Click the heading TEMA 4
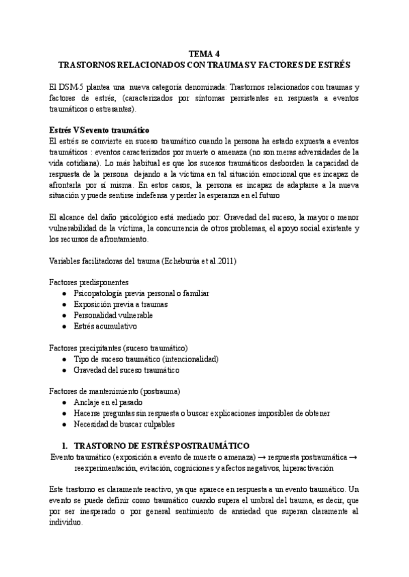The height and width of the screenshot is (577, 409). point(204,54)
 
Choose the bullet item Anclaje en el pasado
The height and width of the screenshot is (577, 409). point(108,402)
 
